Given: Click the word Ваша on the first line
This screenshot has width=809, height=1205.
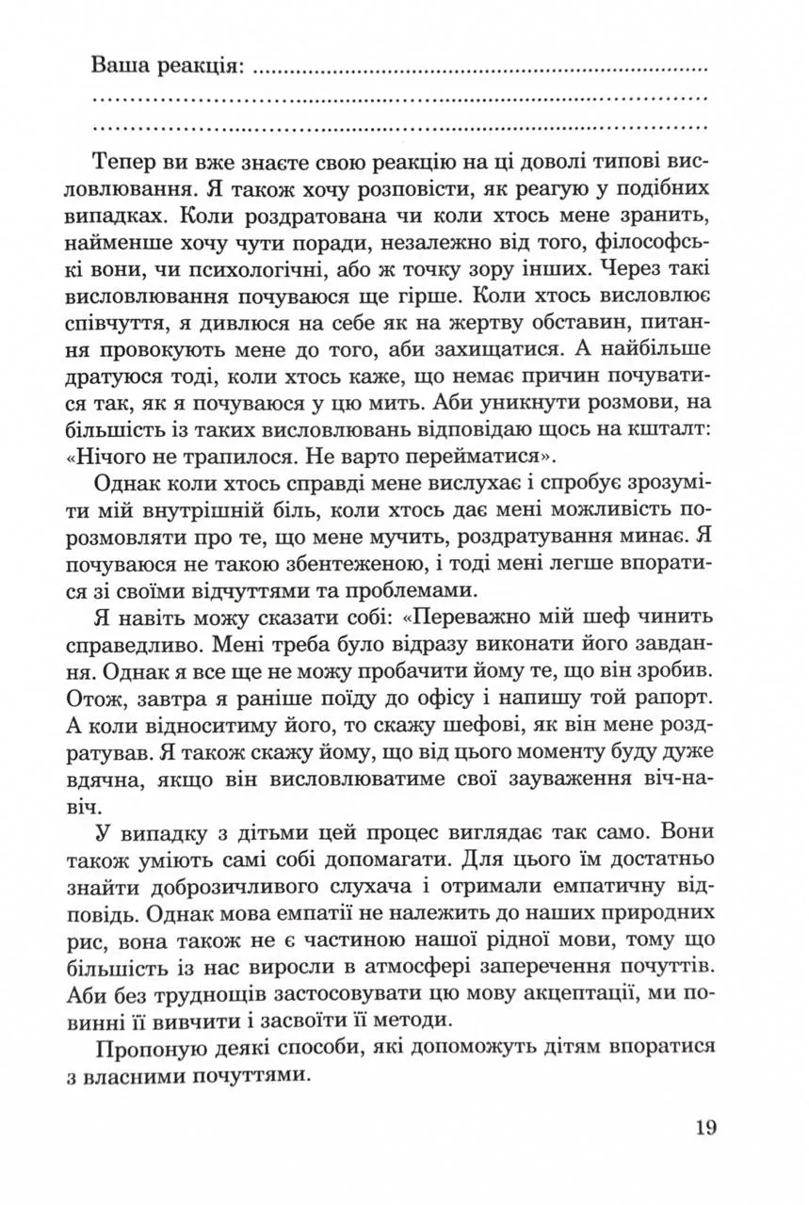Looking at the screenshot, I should click(120, 67).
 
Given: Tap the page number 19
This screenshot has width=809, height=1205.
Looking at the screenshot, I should click(704, 1127).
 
